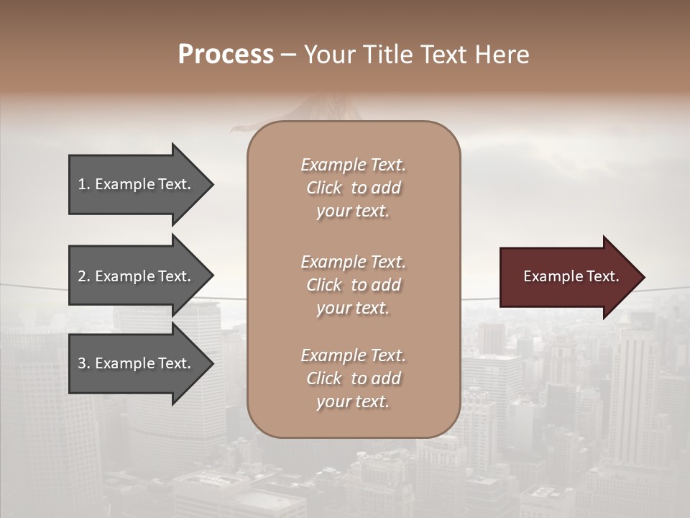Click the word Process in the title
[x=226, y=54]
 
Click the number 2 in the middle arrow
[x=82, y=276]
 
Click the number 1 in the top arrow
[x=82, y=184]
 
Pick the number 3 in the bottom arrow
[x=82, y=363]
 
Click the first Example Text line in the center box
[x=353, y=165]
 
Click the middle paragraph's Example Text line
[x=353, y=262]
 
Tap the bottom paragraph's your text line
[x=353, y=401]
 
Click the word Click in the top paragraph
[x=323, y=188]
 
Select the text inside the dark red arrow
[x=571, y=276]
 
